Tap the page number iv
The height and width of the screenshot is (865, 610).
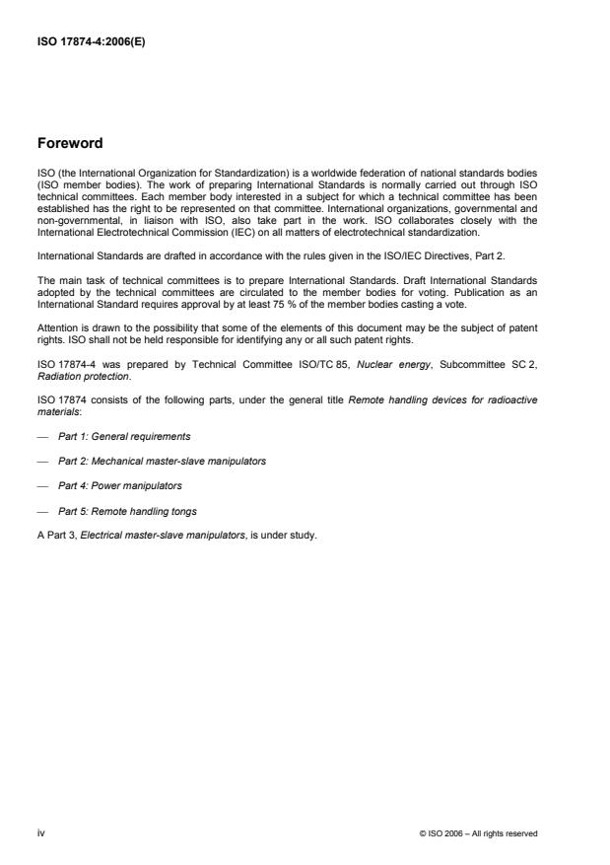[x=41, y=832]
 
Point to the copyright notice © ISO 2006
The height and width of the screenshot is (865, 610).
[x=478, y=833]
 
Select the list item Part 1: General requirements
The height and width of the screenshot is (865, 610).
[x=124, y=435]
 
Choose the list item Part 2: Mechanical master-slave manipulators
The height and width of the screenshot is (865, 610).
[x=162, y=461]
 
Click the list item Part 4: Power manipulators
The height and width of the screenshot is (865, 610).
[x=120, y=485]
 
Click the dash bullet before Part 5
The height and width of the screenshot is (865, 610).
[x=42, y=511]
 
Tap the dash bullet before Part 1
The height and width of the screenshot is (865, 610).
[x=42, y=435]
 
